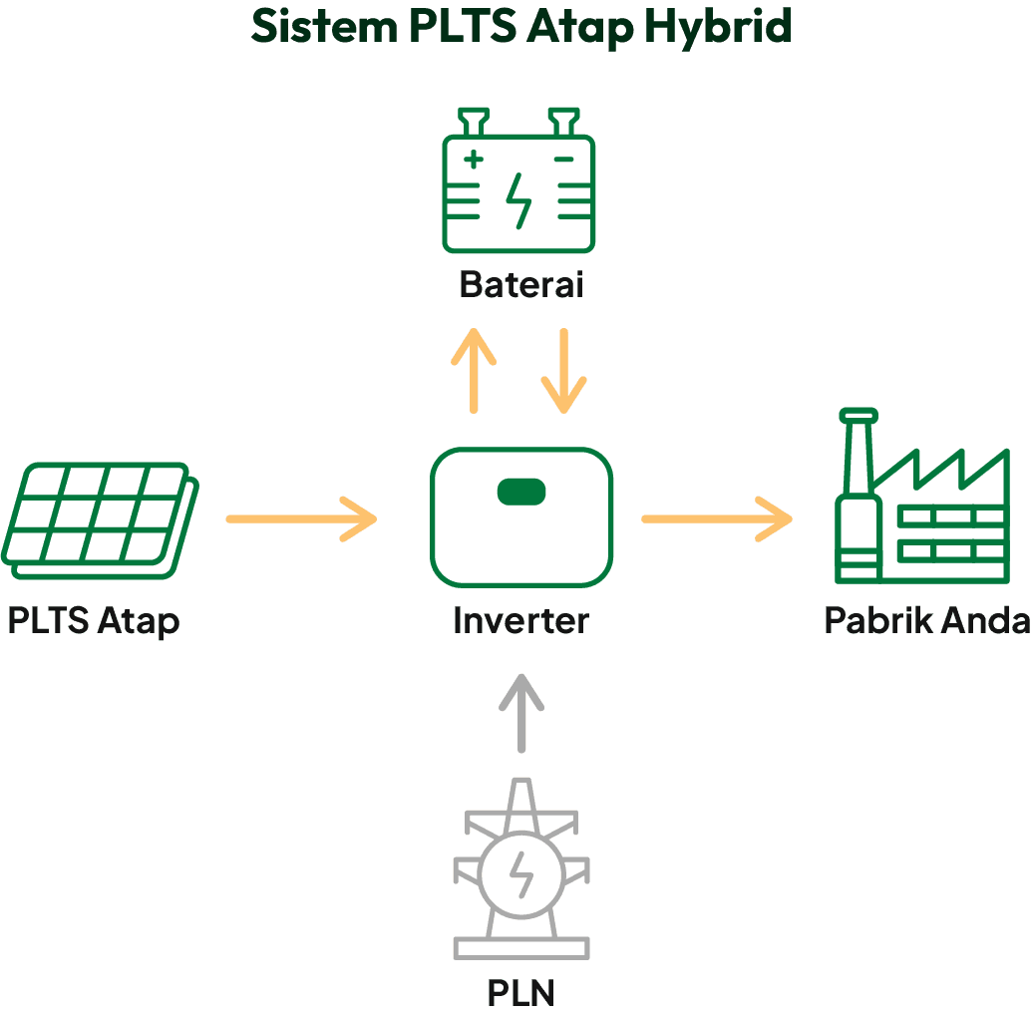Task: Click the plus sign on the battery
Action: [x=474, y=158]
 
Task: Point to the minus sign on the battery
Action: [x=563, y=158]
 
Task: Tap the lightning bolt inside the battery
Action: [x=518, y=200]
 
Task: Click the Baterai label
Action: [x=520, y=285]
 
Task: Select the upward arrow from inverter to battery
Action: [x=474, y=370]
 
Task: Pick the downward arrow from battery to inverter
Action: [x=563, y=370]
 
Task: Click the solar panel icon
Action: [x=100, y=519]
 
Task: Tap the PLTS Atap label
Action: [x=94, y=621]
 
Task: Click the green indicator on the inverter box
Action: [x=521, y=491]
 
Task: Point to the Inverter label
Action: [x=520, y=621]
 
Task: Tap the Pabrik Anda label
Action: [x=926, y=621]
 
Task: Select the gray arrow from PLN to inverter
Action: [x=520, y=714]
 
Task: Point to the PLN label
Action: [x=520, y=993]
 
